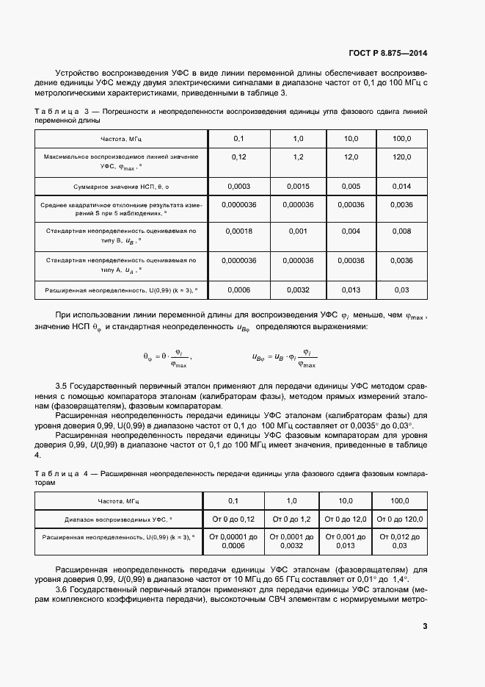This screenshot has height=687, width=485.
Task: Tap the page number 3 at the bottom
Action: [x=425, y=626]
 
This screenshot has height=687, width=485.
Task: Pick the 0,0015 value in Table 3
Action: [x=298, y=186]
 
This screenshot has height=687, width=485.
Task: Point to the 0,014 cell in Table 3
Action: [x=401, y=186]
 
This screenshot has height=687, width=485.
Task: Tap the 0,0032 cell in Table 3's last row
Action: [x=298, y=289]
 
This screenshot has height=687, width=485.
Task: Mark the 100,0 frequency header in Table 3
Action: [x=401, y=138]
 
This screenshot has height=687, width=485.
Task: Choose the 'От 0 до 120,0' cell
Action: [x=400, y=519]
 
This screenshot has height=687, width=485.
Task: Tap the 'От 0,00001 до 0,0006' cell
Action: [x=233, y=542]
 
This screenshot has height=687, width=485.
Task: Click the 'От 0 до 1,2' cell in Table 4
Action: [x=291, y=519]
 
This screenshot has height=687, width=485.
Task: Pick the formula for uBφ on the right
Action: [x=284, y=358]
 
